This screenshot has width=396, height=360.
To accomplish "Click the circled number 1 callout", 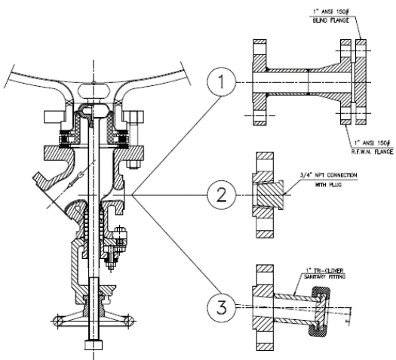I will [x=219, y=81].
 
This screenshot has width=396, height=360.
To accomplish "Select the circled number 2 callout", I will [x=219, y=195].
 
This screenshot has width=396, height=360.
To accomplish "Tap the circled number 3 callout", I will [x=219, y=306].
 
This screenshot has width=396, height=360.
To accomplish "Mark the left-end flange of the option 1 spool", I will [x=261, y=81].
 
